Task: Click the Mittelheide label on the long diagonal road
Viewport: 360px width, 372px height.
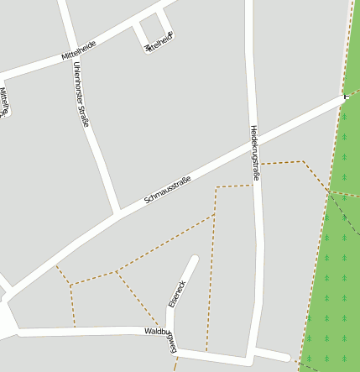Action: (x=78, y=50)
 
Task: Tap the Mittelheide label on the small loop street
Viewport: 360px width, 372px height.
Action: (x=159, y=41)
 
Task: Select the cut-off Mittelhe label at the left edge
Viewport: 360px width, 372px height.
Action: (x=4, y=102)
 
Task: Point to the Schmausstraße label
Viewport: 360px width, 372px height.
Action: (x=168, y=190)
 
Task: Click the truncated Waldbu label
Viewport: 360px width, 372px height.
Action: (x=156, y=332)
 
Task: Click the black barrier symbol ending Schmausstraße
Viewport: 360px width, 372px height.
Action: (x=346, y=97)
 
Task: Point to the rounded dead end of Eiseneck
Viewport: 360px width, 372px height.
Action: (x=195, y=259)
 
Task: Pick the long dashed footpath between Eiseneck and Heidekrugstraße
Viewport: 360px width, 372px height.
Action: (x=211, y=269)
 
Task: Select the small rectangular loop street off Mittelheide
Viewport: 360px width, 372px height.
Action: (x=154, y=33)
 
